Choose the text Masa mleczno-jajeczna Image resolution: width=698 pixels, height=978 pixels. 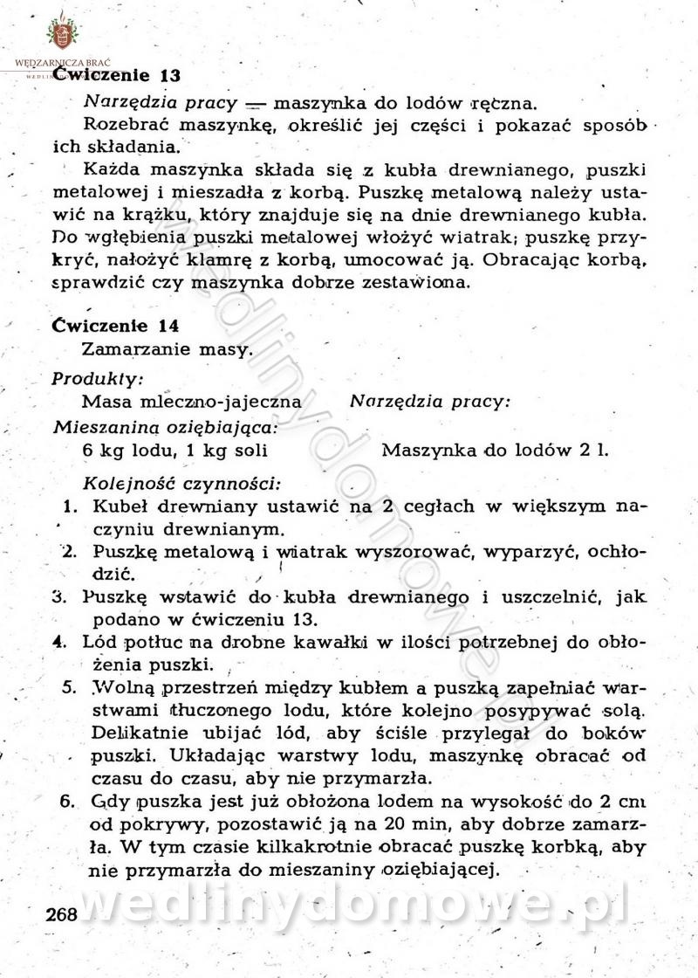click(192, 403)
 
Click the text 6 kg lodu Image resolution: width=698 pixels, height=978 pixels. click(122, 451)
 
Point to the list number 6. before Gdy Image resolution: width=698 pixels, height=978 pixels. click(67, 801)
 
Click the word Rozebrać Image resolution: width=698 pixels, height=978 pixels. click(122, 123)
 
